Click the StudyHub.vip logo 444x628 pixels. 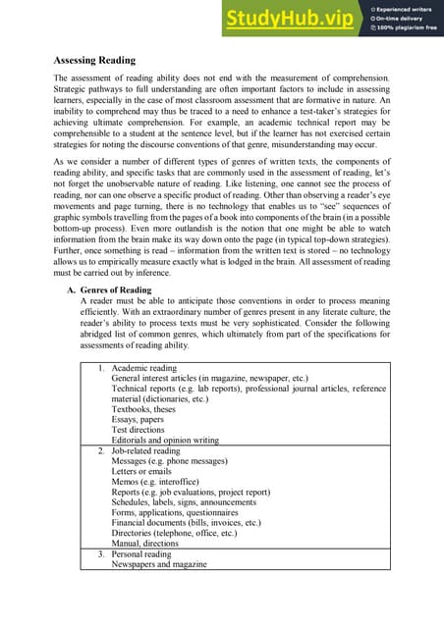pyautogui.click(x=291, y=18)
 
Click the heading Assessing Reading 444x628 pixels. pyautogui.click(x=94, y=60)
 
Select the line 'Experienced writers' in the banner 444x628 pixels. pyautogui.click(x=404, y=9)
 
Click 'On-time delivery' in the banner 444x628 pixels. pyautogui.click(x=399, y=19)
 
